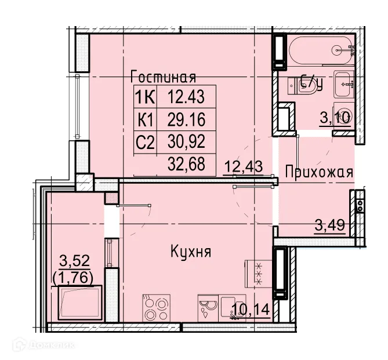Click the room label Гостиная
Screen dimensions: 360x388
[x=163, y=77]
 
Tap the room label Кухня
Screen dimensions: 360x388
[x=190, y=252]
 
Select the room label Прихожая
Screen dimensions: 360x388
[x=319, y=172]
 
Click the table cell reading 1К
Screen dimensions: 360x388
[x=145, y=96]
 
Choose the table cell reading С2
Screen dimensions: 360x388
[x=145, y=141]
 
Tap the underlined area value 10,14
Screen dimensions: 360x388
[x=251, y=311]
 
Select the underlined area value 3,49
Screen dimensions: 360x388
[x=330, y=224]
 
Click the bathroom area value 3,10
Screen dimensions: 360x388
[x=335, y=119]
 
